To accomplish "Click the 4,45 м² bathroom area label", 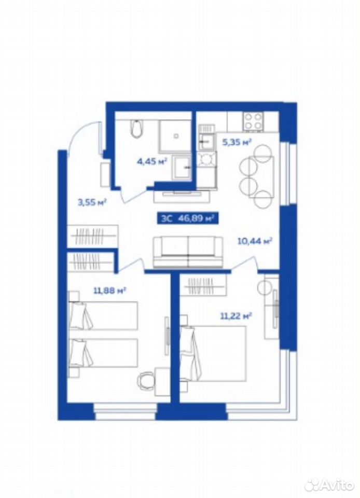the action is click(x=152, y=162).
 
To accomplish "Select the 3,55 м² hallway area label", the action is click(x=92, y=202).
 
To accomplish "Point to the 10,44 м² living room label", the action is click(x=255, y=241).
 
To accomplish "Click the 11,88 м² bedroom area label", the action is click(x=110, y=290).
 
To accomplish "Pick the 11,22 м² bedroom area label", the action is click(x=236, y=316).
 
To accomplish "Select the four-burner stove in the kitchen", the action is click(x=253, y=121).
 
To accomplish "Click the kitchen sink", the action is click(x=206, y=142).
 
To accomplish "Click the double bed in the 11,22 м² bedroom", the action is click(x=213, y=353).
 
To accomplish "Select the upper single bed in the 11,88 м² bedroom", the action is click(x=104, y=315).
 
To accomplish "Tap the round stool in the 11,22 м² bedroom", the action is click(x=264, y=288).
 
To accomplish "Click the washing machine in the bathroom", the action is click(x=182, y=166).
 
